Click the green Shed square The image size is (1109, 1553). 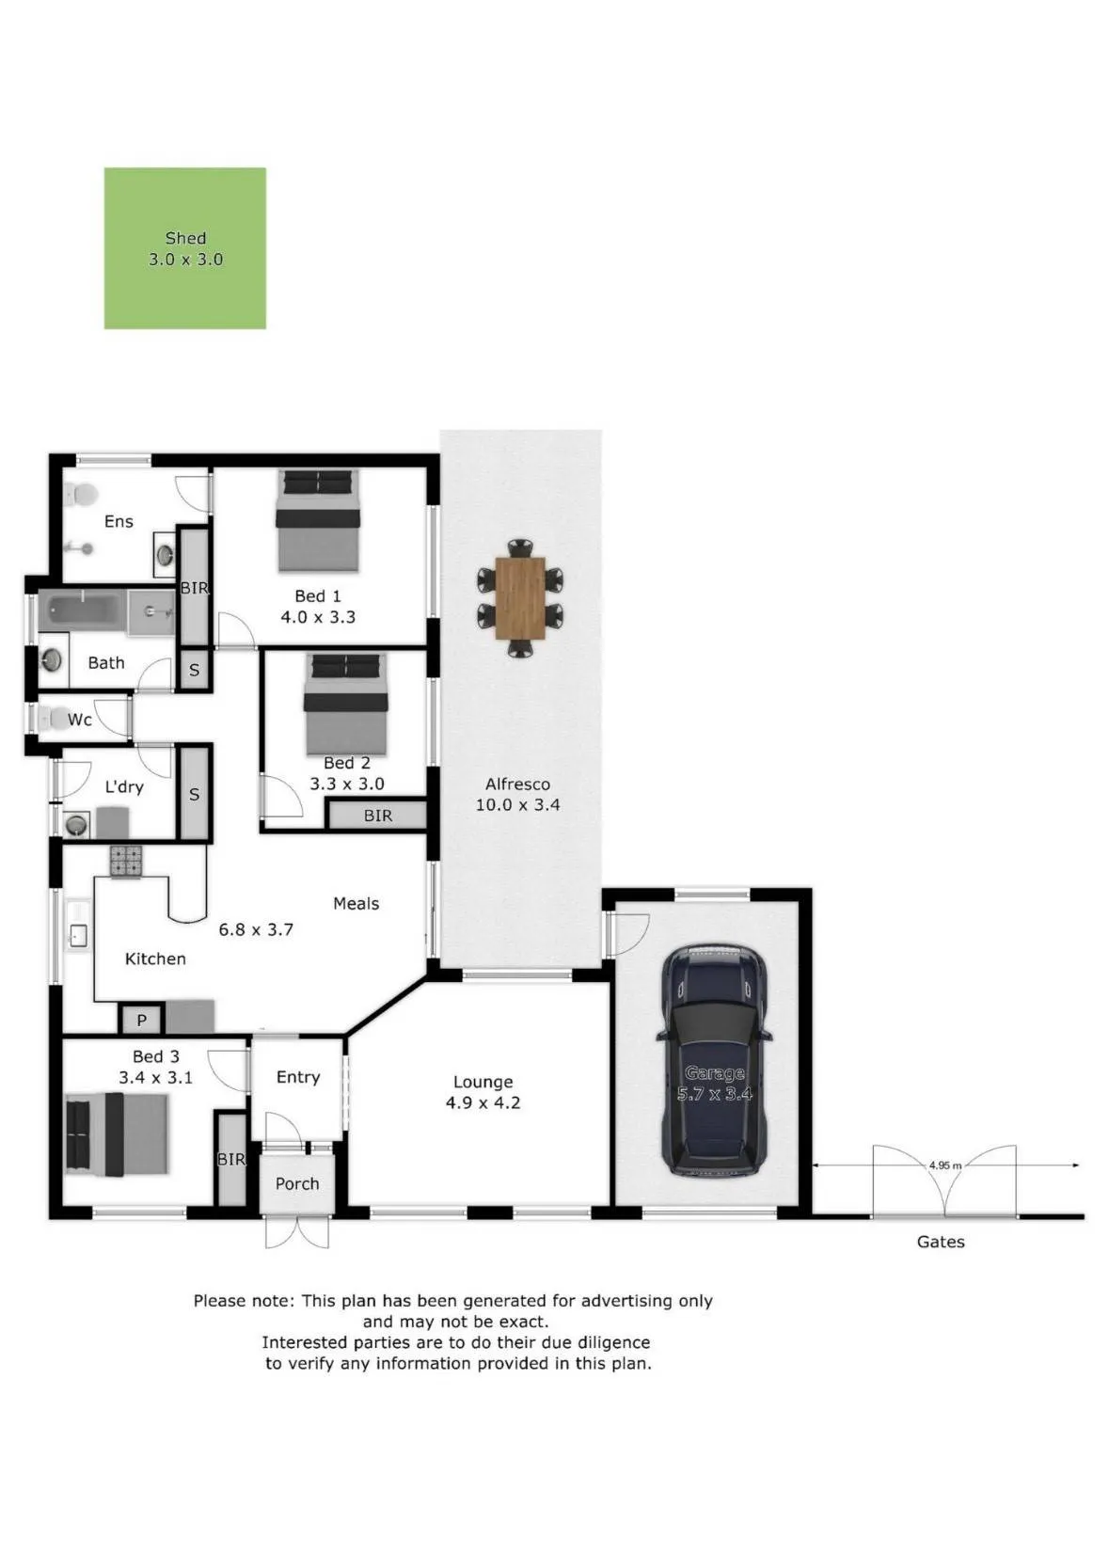pyautogui.click(x=185, y=248)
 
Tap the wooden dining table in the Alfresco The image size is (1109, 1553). pyautogui.click(x=520, y=597)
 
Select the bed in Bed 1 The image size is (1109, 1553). pyautogui.click(x=318, y=521)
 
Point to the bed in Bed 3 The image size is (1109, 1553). pyautogui.click(x=117, y=1134)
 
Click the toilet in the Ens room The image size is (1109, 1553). pyautogui.click(x=80, y=495)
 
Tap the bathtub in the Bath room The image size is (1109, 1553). pyautogui.click(x=82, y=610)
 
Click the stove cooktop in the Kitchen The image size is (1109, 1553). pyautogui.click(x=126, y=862)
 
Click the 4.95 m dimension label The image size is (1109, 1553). pyautogui.click(x=944, y=1165)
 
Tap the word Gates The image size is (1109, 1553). pyautogui.click(x=941, y=1241)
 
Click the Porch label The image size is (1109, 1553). pyautogui.click(x=297, y=1183)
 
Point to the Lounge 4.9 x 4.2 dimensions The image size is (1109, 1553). pyautogui.click(x=483, y=1102)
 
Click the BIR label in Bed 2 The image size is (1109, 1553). pyautogui.click(x=378, y=816)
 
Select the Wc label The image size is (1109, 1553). pyautogui.click(x=79, y=720)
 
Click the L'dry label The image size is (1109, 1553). pyautogui.click(x=124, y=787)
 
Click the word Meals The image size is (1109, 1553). pyautogui.click(x=356, y=903)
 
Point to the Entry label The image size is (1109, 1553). pyautogui.click(x=298, y=1077)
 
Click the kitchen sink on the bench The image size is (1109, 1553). pyautogui.click(x=78, y=936)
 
